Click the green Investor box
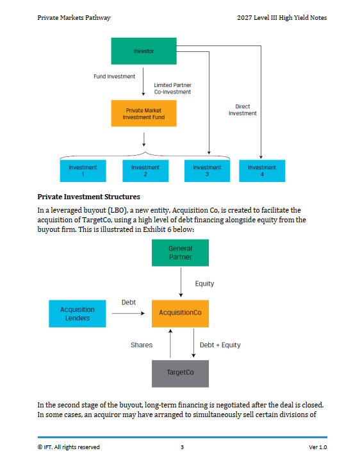coord(144,51)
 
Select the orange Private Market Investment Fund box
coord(144,113)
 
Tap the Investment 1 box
coord(83,171)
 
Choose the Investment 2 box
coord(145,171)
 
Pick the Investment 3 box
coord(207,171)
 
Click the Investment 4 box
coord(262,171)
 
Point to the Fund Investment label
coord(115,77)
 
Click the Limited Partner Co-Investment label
coord(172,88)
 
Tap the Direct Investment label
coord(243,110)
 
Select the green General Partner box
coord(180,252)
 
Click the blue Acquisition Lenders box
coord(78,314)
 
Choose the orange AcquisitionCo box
coord(180,314)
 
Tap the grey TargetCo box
coord(180,374)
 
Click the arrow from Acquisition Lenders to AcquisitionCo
coord(128,313)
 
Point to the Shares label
coord(142,345)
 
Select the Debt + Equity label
coord(220,345)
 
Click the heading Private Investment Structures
coord(89,197)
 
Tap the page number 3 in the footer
coord(182,447)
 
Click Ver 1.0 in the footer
coord(318,447)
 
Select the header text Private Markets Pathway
coord(74,18)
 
